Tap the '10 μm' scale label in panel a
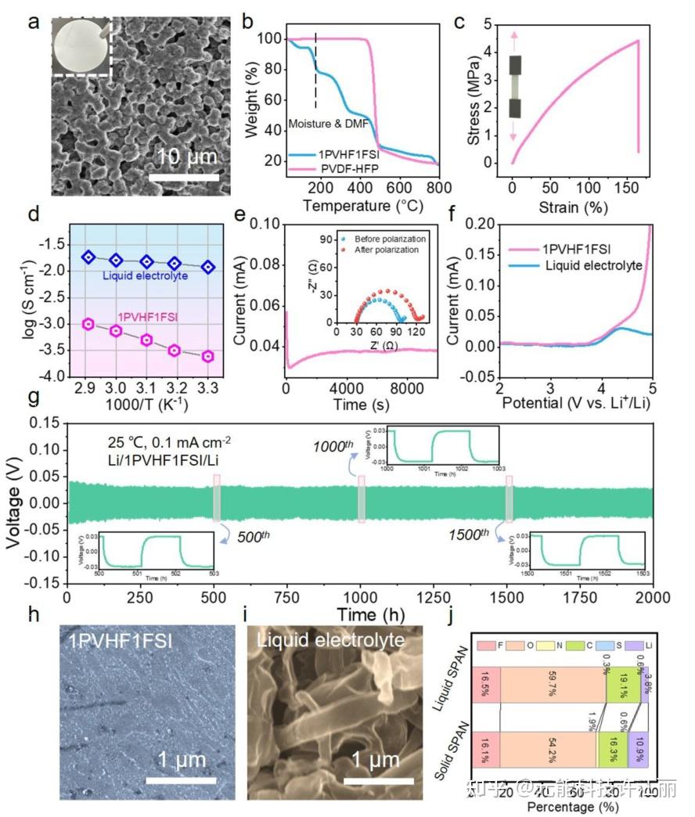coord(186,156)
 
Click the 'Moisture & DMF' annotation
coord(323,124)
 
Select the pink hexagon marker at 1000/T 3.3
coord(207,356)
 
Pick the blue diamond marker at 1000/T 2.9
coord(88,257)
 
